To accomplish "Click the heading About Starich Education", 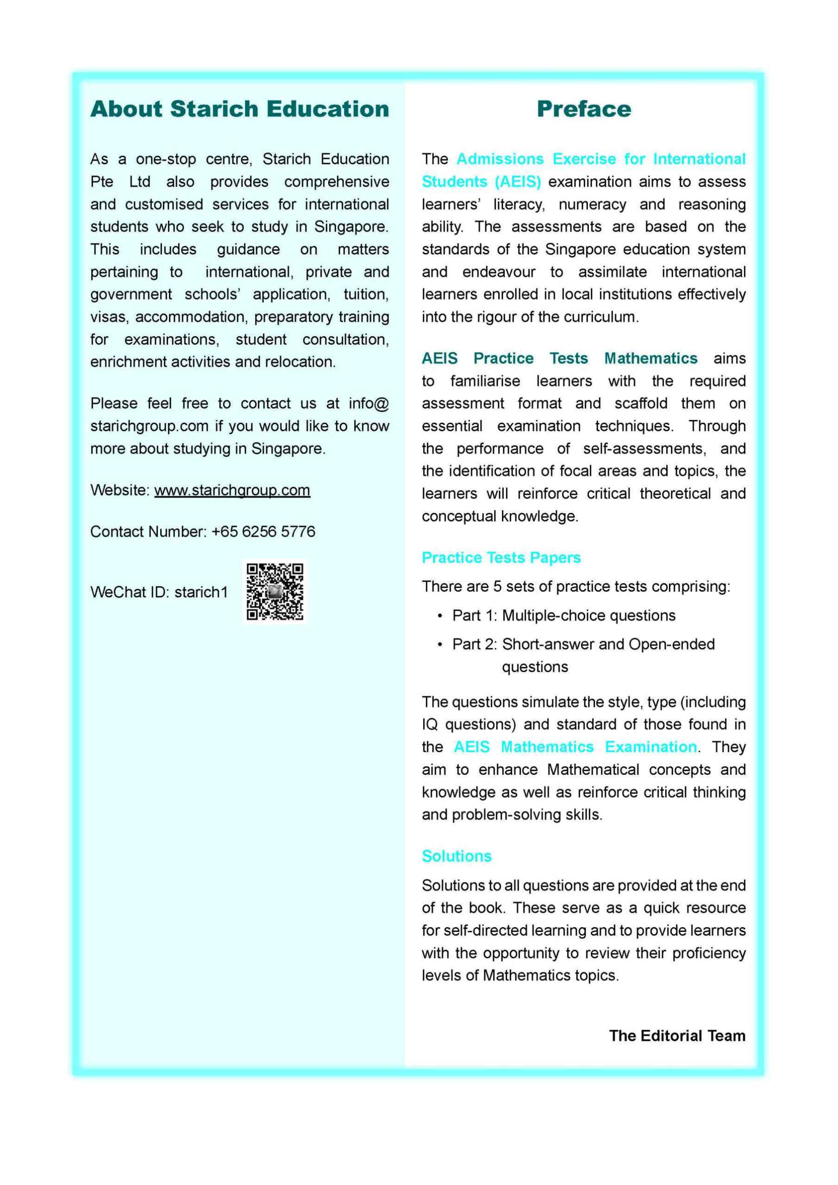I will pos(240,109).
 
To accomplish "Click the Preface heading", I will pos(583,109).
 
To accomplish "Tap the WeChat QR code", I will pos(274,592).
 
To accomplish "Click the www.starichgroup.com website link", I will pos(232,490).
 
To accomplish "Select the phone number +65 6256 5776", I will pos(264,531).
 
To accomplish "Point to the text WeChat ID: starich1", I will pos(159,592).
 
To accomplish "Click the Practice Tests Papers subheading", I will pos(501,558).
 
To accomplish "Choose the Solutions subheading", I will pos(456,856).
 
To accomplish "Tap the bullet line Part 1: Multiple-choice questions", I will pos(563,615).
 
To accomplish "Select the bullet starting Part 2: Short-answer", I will pos(583,644).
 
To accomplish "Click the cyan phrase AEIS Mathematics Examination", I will pos(575,747).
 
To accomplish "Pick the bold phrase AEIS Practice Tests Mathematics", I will pos(559,358).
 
